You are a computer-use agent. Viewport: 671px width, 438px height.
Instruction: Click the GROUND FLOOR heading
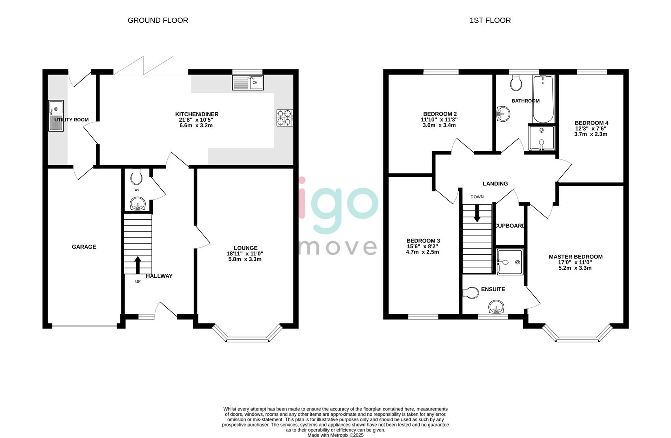pos(158,20)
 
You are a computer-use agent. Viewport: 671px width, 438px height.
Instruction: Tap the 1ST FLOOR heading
pos(490,20)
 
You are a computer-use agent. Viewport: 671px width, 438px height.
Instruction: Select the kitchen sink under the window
pos(248,83)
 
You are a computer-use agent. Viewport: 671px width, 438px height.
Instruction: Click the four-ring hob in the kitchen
pos(285,118)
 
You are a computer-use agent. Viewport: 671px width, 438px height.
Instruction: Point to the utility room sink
pos(56,116)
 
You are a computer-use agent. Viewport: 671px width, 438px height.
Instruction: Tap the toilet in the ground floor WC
pos(136,177)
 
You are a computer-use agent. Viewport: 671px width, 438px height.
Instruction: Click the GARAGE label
pos(84,247)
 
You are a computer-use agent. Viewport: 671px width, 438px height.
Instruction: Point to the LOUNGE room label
pos(245,248)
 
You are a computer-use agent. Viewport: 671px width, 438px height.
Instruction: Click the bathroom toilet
pos(516,84)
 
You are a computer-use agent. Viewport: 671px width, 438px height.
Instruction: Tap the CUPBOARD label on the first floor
pos(510,225)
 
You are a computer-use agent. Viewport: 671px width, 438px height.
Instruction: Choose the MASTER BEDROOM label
pos(575,257)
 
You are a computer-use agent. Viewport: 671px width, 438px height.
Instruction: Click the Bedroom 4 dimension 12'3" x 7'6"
pos(591,129)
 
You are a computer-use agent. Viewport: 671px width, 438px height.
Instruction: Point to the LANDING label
pos(495,184)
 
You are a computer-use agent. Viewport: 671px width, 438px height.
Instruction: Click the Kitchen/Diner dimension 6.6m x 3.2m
pos(196,126)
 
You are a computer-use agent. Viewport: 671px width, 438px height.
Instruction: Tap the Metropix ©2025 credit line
pos(335,435)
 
